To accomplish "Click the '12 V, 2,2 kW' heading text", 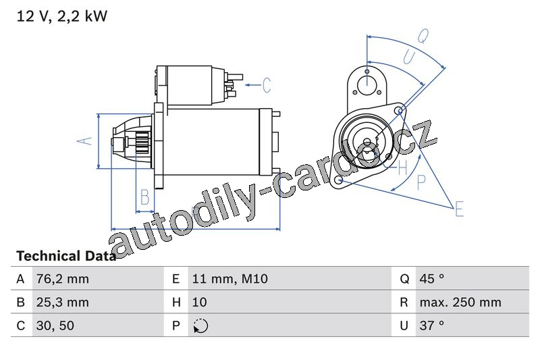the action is [62, 16].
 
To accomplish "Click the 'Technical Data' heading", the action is [66, 256].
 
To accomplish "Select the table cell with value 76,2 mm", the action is [63, 279].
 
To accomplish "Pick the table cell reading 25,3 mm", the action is [63, 302].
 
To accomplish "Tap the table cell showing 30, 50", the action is [55, 326].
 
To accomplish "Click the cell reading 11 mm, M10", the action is [230, 279].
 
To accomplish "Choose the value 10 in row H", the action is [199, 302].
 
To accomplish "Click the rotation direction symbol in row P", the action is [200, 326].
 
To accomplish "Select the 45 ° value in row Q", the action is [432, 279].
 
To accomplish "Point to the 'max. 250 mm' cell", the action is [460, 302].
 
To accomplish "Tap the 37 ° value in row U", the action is [431, 326].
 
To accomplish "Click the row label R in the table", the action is [404, 302].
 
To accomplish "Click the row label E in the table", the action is [176, 279].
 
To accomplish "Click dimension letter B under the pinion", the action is [145, 197].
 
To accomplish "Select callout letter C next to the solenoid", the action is [267, 84].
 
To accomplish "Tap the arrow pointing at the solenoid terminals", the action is [253, 84].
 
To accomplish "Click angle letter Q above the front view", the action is [423, 36].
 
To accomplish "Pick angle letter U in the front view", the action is [409, 57].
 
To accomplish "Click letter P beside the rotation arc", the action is [421, 182].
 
